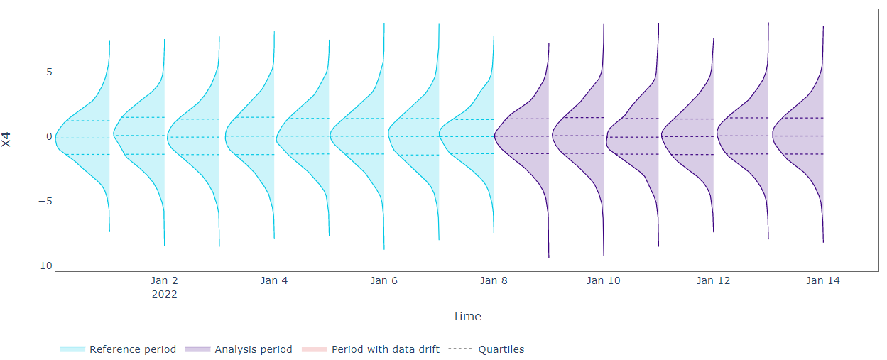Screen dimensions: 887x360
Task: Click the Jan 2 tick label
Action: point(164,280)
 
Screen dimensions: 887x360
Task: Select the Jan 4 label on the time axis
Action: point(274,280)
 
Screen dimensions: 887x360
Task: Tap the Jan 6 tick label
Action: point(383,280)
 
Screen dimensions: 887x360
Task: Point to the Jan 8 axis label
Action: point(494,280)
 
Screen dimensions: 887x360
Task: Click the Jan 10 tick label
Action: point(604,280)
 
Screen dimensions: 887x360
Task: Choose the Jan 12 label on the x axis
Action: point(713,280)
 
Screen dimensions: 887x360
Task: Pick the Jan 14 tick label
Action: point(823,280)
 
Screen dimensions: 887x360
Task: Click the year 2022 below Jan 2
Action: point(164,294)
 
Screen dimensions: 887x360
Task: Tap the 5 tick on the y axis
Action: point(49,72)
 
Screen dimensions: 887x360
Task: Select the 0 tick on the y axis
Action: point(49,136)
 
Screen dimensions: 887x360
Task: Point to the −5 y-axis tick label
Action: point(45,201)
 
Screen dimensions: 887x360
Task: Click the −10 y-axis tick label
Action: point(42,266)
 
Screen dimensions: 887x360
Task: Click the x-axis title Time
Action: point(467,316)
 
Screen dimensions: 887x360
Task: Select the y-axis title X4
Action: point(6,140)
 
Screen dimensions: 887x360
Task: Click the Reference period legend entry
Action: point(118,349)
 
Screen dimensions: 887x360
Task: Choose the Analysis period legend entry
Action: point(239,349)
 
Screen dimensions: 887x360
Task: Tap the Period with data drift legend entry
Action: point(370,349)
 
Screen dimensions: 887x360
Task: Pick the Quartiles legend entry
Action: point(486,349)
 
